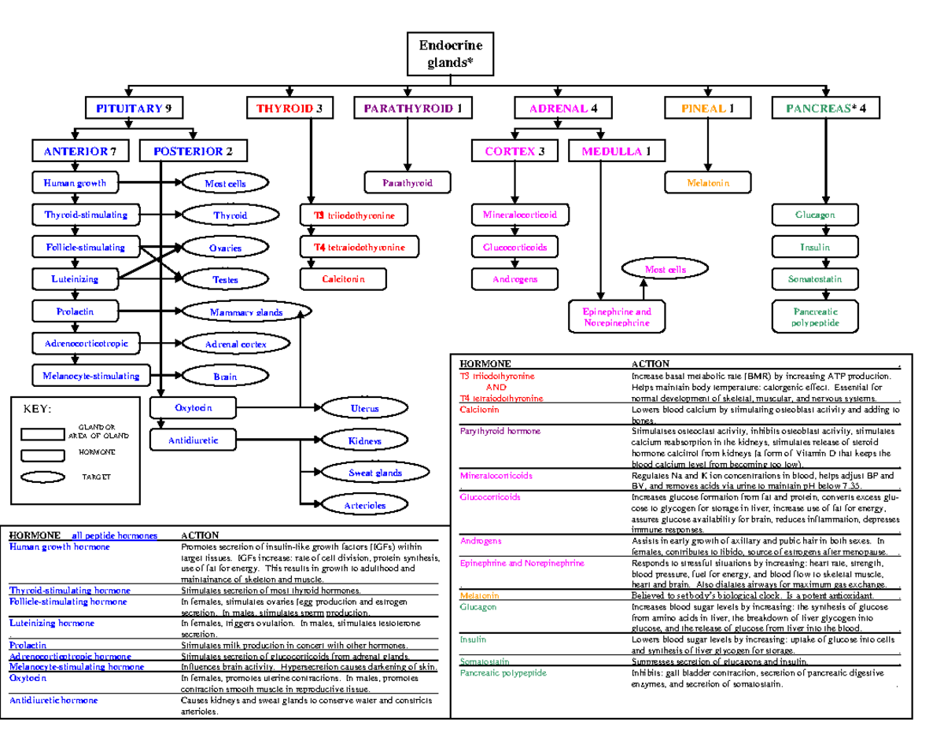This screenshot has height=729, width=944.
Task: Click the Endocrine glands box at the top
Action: [450, 53]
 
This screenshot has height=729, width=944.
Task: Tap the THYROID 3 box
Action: [289, 109]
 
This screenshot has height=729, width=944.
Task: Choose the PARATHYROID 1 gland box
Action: [412, 109]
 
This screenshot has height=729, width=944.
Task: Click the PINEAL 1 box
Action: [708, 109]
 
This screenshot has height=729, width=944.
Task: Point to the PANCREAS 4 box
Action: [825, 109]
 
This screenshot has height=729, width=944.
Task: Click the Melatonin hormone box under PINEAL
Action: [707, 183]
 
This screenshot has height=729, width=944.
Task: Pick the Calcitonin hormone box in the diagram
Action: [343, 278]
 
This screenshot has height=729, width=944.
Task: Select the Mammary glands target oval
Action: [246, 312]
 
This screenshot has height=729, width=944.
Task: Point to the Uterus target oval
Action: [364, 408]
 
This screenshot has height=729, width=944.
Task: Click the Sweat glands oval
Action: [374, 473]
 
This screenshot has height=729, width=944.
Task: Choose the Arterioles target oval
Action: [364, 506]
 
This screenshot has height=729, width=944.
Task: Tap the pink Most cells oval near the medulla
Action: [665, 269]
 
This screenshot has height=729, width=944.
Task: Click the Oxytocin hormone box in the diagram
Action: [194, 407]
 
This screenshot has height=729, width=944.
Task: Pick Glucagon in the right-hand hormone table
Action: [478, 607]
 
